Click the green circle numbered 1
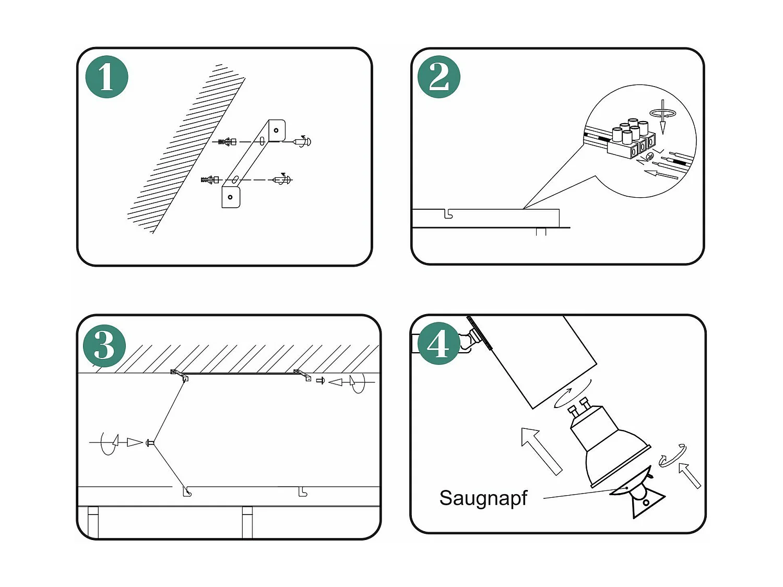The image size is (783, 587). [x=107, y=77]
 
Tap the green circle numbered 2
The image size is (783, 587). [x=439, y=77]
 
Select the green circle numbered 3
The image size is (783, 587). [x=104, y=345]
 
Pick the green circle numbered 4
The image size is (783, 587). [x=438, y=343]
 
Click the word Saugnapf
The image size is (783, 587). [x=483, y=498]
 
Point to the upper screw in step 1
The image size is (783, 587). [x=302, y=141]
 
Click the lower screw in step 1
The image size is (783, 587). [x=282, y=180]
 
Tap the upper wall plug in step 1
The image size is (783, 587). [x=228, y=141]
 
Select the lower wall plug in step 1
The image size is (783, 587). [x=210, y=180]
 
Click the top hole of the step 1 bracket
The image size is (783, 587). [x=276, y=130]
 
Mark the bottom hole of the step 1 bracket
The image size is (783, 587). [x=230, y=197]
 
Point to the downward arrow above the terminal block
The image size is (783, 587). [x=663, y=117]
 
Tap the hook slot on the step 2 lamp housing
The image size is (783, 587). [x=448, y=214]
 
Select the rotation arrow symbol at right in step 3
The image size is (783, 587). [x=358, y=382]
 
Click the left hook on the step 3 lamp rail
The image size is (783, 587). [x=187, y=492]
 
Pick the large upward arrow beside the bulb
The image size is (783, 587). [x=541, y=450]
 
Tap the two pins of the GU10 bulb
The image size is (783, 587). [x=579, y=406]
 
